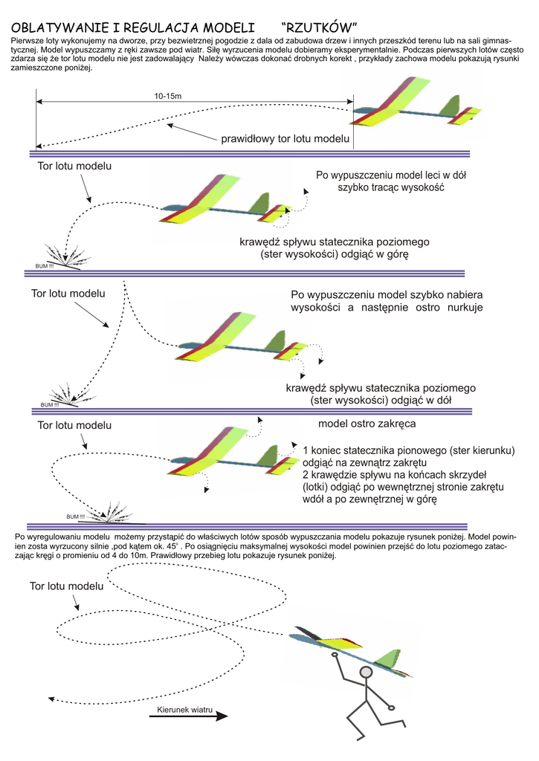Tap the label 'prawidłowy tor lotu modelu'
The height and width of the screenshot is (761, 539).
[x=285, y=139]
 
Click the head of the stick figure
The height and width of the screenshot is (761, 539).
[x=366, y=673]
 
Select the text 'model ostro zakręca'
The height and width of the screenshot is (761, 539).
[x=367, y=424]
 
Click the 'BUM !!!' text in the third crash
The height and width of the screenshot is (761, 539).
[x=76, y=516]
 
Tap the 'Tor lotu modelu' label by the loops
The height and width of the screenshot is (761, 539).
[x=66, y=586]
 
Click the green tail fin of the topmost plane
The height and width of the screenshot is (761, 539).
[x=451, y=106]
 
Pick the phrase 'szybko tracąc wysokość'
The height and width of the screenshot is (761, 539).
[x=390, y=188]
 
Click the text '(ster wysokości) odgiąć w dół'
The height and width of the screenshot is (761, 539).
[x=381, y=401]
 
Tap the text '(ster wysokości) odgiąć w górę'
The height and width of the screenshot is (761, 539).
[x=335, y=254]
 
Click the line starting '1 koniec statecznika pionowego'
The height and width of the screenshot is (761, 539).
[x=409, y=450]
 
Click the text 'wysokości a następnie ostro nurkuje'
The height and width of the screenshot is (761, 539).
[x=387, y=308]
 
